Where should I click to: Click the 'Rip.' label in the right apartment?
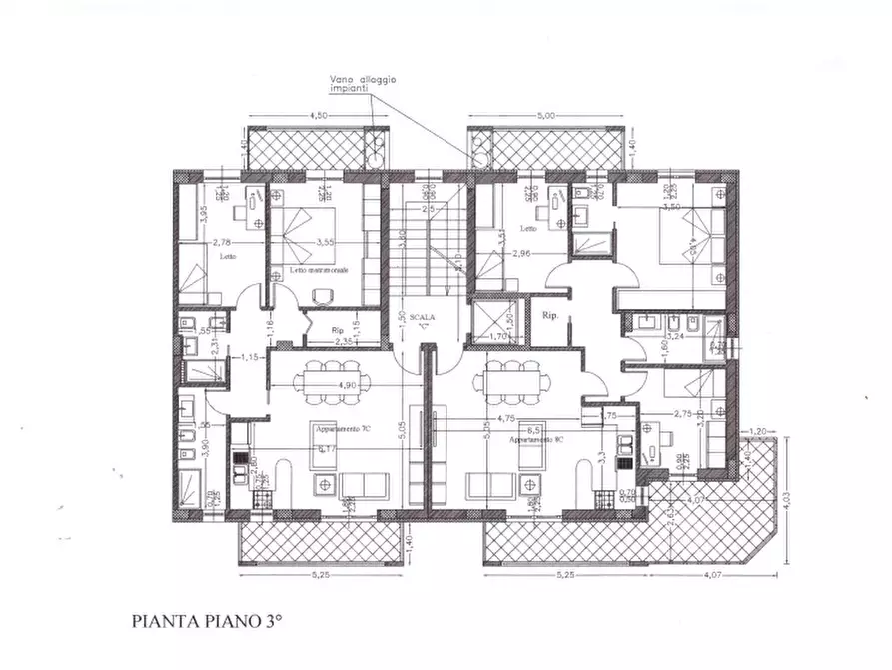pos(549,315)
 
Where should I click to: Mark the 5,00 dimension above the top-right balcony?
pos(545,117)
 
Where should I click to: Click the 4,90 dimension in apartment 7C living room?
pos(347,384)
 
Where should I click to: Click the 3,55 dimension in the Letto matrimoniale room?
pos(324,242)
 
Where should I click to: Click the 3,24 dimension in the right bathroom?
pos(674,337)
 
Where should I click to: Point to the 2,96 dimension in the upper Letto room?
pos(521,254)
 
